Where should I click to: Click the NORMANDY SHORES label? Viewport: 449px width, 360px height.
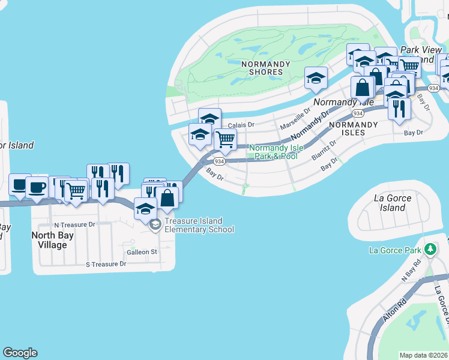261,67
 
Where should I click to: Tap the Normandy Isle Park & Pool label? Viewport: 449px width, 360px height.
273,152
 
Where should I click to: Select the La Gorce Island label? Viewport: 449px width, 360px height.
393,203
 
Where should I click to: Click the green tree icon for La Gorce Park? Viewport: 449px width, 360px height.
430,249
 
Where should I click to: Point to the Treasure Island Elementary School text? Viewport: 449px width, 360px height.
199,225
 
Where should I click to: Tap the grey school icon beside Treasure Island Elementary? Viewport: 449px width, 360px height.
155,225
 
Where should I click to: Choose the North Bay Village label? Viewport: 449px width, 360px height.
52,240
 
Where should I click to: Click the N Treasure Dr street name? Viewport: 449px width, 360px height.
74,224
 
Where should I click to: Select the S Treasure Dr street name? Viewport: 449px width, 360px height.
106,263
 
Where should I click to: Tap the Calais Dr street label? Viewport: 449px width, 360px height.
241,125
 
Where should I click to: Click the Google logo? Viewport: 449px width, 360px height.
20,353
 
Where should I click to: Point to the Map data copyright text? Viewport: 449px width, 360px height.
423,355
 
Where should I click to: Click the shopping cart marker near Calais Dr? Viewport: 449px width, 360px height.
224,139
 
